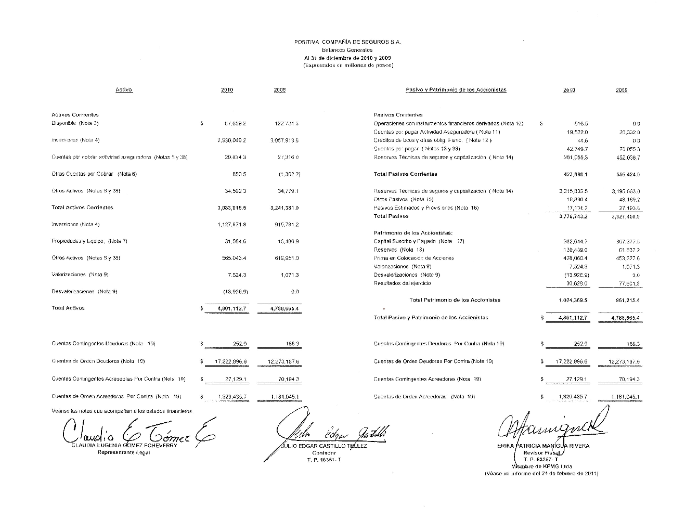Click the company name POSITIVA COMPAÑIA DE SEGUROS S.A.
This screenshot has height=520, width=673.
coord(347,42)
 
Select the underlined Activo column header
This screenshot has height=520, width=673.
coord(124,90)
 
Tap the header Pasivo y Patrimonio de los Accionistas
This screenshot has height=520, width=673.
coord(456,90)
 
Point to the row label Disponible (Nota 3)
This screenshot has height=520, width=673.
coord(75,123)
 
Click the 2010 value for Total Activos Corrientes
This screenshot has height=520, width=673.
coord(231,207)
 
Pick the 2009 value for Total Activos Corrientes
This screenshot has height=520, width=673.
coord(284,207)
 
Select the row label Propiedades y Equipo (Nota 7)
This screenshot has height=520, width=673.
coord(89,241)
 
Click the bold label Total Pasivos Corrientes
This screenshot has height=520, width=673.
coord(406,174)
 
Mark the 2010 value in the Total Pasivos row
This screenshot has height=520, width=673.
coord(573,216)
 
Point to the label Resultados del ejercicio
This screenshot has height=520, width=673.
coord(402,283)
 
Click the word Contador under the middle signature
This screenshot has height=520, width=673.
coord(320,452)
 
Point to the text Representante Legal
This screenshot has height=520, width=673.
coord(124,452)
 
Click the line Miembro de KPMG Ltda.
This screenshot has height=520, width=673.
coord(541,466)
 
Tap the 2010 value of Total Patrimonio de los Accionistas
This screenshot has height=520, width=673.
coord(573,300)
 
